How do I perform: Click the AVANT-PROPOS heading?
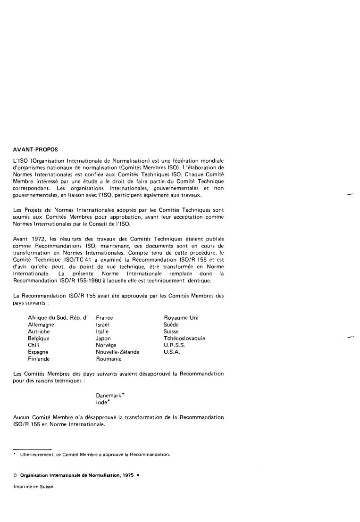point(35,150)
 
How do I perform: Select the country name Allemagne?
point(41,325)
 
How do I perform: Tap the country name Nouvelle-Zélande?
point(117,352)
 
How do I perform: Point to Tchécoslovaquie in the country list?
point(184,339)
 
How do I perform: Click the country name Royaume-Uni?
point(181,318)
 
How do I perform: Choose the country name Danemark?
point(109,396)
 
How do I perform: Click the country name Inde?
point(101,402)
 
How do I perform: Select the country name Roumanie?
point(109,359)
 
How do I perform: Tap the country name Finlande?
point(39,359)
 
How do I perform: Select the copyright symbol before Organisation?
point(16,475)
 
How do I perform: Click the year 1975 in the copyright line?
point(126,475)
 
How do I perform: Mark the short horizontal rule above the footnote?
point(32,449)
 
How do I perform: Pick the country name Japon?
point(103,339)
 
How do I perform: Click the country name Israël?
point(102,325)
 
